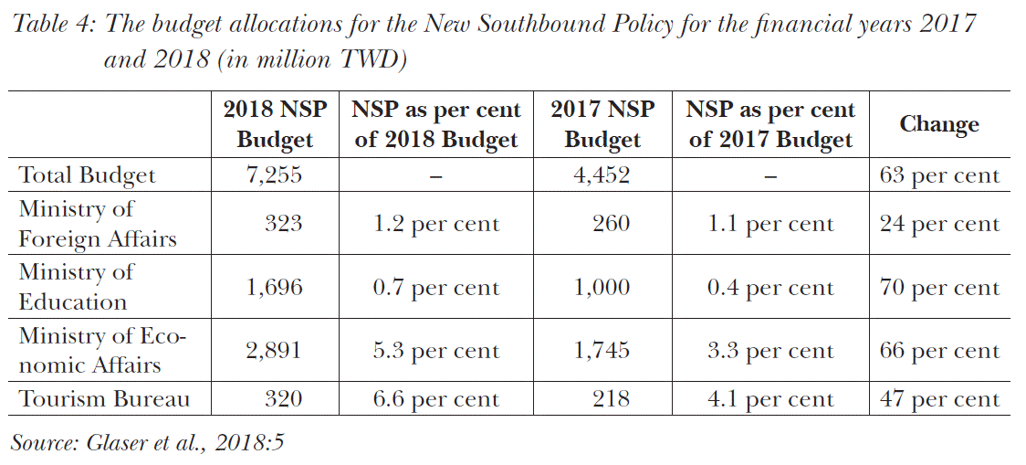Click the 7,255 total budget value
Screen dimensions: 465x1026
coord(274,174)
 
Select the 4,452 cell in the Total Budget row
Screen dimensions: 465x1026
coord(602,174)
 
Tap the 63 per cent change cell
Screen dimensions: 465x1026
coord(939,174)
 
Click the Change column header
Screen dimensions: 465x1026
coord(938,124)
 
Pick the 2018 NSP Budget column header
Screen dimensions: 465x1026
coord(274,124)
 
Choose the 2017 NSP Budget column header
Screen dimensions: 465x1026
coord(602,124)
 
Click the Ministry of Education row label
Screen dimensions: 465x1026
coord(76,287)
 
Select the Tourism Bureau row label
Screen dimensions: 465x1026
coord(105,399)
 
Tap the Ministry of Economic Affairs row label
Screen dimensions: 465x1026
coord(102,351)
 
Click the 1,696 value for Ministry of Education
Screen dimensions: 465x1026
coord(274,288)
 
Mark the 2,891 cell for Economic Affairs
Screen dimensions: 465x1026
coord(274,351)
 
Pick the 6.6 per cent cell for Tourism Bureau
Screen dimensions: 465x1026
coord(436,399)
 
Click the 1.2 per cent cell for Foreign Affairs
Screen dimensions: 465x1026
coord(436,224)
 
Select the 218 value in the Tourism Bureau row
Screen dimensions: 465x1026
coord(611,399)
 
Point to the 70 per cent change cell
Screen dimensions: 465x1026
coord(939,288)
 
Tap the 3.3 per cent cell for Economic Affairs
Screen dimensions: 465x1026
coord(770,351)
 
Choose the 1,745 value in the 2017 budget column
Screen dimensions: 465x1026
coord(602,351)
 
